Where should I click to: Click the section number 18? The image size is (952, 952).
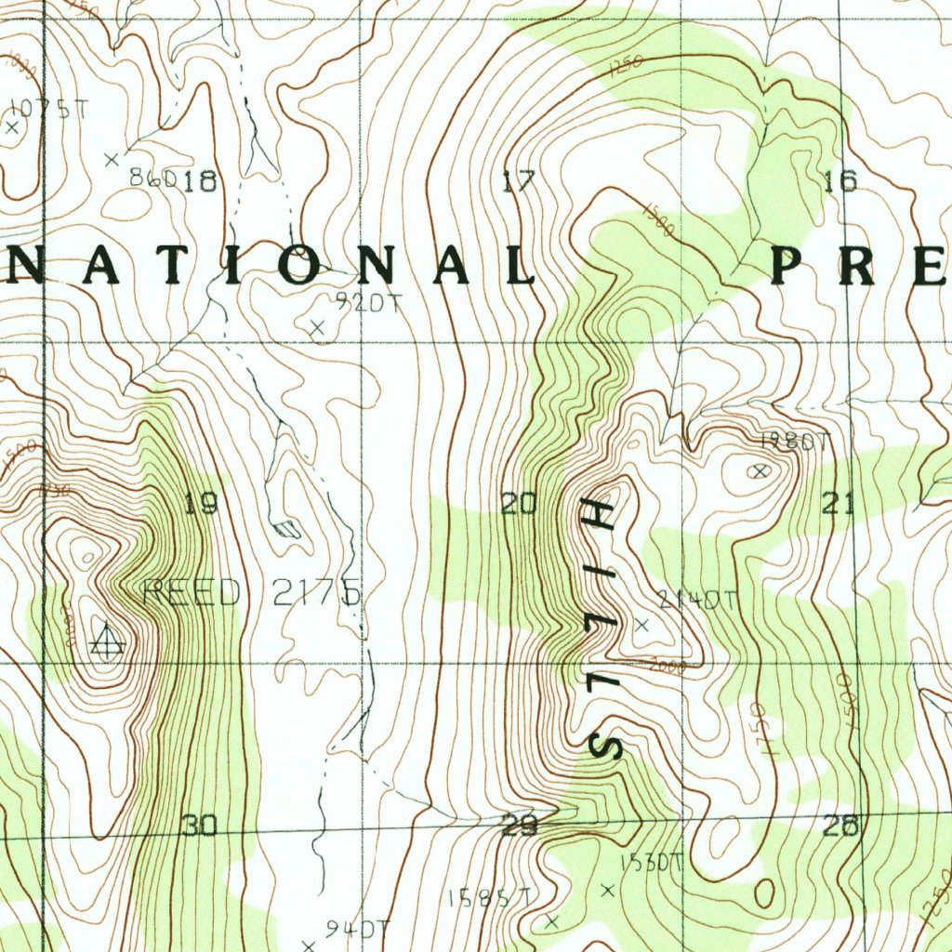200,181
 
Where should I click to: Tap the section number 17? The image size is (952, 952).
519,181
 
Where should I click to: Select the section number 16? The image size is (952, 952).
840,180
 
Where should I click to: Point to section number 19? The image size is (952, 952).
201,505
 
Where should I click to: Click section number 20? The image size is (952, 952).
519,505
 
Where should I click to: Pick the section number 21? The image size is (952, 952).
839,504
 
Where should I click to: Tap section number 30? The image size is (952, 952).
200,826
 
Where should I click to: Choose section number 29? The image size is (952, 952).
519,826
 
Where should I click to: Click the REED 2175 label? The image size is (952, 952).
251,593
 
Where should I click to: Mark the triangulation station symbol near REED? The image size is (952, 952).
108,640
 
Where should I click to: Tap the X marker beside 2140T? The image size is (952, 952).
641,625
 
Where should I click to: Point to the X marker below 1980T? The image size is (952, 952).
761,471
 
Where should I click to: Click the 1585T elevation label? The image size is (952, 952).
489,898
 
